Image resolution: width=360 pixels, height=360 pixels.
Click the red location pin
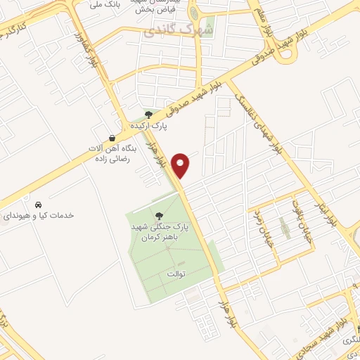tap(182, 165)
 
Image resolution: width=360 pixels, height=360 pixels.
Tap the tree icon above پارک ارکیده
tap(148, 113)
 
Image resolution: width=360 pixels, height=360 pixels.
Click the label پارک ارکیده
tap(148, 125)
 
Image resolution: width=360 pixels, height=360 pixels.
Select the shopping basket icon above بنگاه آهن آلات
tap(112, 137)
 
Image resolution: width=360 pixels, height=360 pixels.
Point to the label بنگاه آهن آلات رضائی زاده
tap(112, 155)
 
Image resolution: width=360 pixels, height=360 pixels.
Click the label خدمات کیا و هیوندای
tap(39, 214)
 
